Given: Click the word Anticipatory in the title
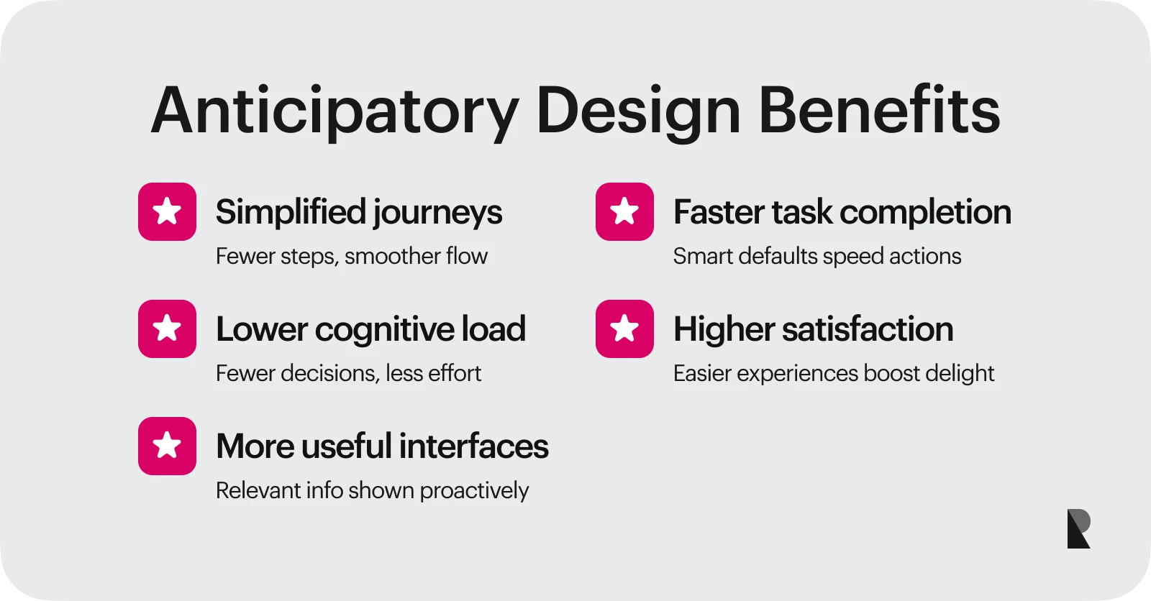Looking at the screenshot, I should tap(335, 111).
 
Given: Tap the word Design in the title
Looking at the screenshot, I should tap(638, 111).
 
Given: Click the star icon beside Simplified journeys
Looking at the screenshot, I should tap(167, 211).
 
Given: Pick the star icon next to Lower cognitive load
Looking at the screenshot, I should tap(167, 329).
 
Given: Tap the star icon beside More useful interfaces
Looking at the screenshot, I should tap(167, 446).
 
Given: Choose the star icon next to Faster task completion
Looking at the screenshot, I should tap(624, 211).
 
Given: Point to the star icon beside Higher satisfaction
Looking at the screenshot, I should tap(624, 329).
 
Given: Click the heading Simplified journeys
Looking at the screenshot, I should tap(358, 213).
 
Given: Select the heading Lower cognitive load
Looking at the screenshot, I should tap(370, 329).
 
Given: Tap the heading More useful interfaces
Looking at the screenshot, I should tap(382, 446).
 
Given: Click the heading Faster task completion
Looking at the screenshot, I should tap(842, 212).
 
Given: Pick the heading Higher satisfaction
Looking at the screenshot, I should tap(813, 329).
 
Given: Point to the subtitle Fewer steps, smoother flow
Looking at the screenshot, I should tap(351, 257).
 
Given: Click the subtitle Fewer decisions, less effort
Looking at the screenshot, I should tap(348, 373).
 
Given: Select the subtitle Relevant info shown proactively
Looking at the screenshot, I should tap(372, 490).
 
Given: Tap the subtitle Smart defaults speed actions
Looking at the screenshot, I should tap(816, 257).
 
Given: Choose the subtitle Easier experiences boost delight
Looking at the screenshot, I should tap(833, 374).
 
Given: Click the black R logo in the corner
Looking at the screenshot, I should tap(1078, 528).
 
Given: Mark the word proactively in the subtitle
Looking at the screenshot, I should tap(474, 491).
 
